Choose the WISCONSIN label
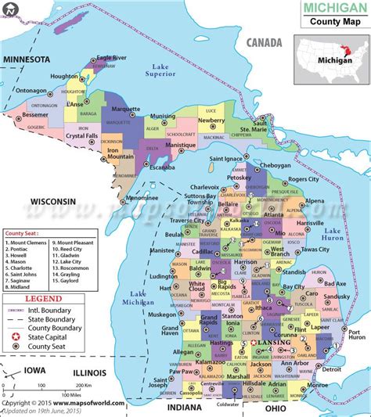[53, 201]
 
